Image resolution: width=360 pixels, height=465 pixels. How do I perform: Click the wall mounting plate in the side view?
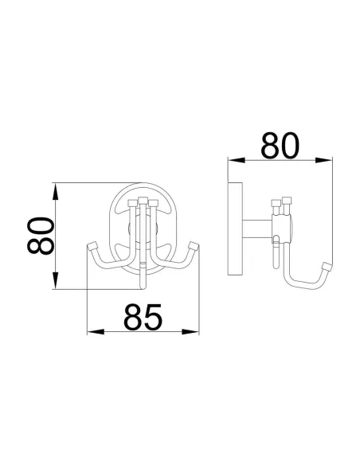click(236, 230)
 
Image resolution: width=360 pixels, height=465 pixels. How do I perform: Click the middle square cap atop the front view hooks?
click(143, 199)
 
